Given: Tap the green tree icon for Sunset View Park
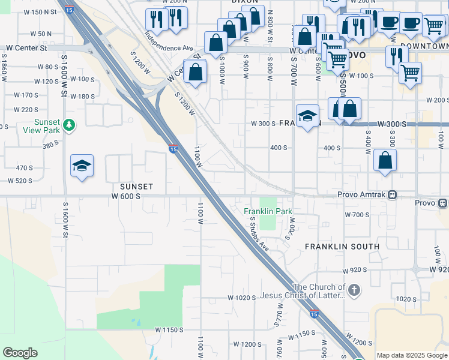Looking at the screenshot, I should (70, 125).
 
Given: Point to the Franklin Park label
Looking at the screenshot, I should (268, 211).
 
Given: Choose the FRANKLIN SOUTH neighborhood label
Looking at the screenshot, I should (342, 247).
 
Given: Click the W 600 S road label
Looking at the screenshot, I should (125, 196).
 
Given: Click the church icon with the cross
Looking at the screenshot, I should (355, 290).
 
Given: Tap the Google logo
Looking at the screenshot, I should (20, 352).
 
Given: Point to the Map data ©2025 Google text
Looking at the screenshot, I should (412, 355).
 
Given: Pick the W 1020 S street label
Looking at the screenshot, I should (242, 298).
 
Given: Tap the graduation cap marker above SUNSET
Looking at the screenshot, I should (82, 166).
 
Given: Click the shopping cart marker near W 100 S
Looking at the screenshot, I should (410, 73).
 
